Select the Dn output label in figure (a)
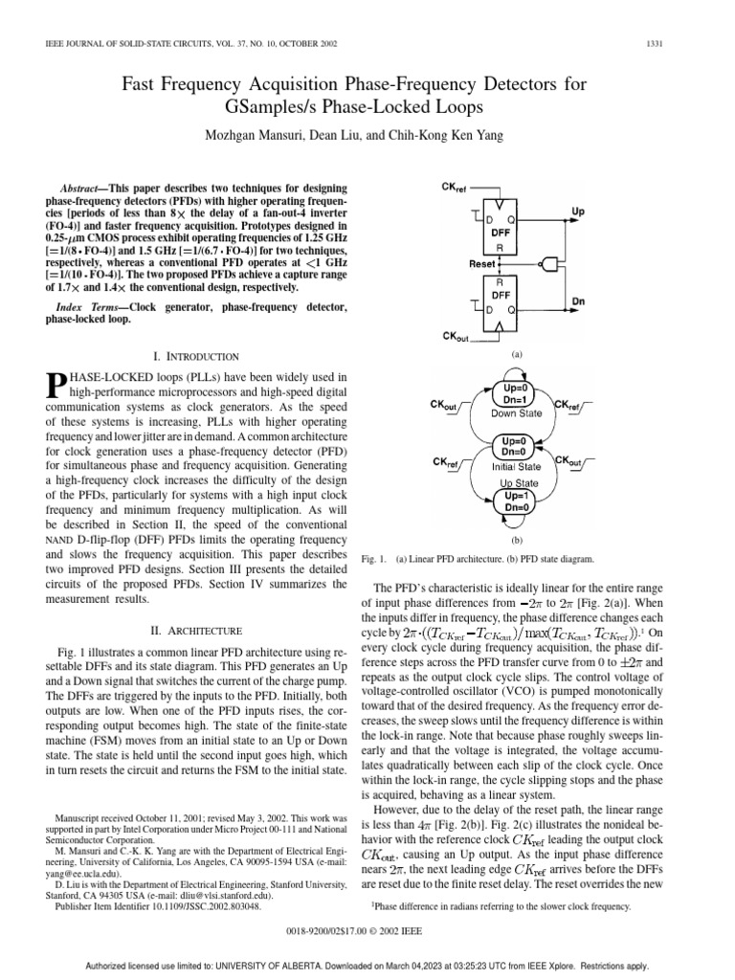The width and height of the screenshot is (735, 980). coord(606,302)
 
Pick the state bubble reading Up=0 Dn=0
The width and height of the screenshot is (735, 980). coord(517,446)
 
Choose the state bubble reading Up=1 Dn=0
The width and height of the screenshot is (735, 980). coord(517,502)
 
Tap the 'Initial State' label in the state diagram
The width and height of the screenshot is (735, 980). coord(517,466)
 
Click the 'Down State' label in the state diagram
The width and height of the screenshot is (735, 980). coord(517,413)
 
